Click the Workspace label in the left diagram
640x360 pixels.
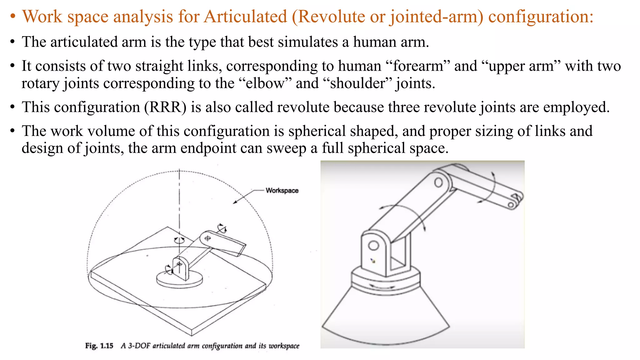[x=282, y=191]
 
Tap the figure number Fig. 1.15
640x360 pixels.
[x=99, y=346]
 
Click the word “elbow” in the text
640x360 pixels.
[x=265, y=83]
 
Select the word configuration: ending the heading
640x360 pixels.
[x=541, y=17]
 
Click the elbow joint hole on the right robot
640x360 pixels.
[x=438, y=182]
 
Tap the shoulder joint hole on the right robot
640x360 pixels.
[x=373, y=246]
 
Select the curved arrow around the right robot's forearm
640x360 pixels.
[x=490, y=187]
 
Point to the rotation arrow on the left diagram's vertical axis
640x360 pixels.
[x=179, y=240]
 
